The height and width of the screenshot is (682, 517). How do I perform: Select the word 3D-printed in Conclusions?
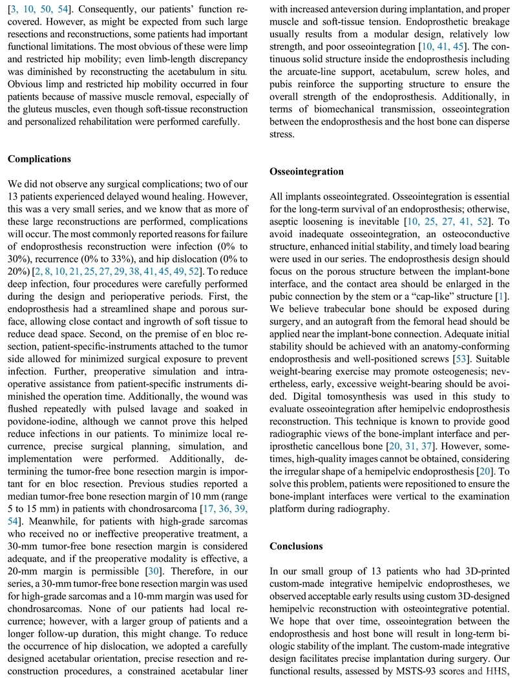point(481,572)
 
